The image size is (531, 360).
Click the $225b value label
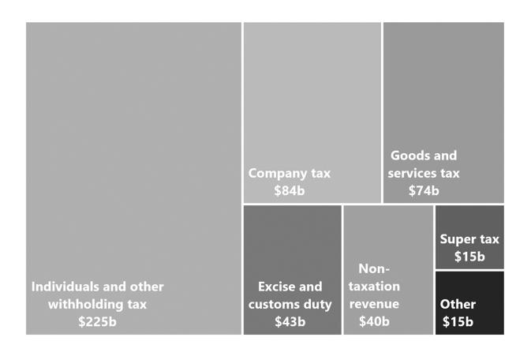click(x=97, y=322)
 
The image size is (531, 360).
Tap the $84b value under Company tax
click(x=289, y=191)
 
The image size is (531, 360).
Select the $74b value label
click(x=424, y=191)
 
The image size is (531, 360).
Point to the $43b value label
click(x=290, y=322)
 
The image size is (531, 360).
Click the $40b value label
click(x=374, y=322)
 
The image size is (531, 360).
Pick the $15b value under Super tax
click(x=469, y=257)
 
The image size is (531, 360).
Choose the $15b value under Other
click(x=458, y=322)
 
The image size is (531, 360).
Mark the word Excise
click(x=279, y=287)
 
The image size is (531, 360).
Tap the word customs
click(x=274, y=305)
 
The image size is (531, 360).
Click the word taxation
click(x=374, y=287)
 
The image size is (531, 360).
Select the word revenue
click(x=374, y=305)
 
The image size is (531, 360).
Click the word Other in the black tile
click(x=458, y=305)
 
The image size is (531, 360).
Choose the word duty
click(x=317, y=305)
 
